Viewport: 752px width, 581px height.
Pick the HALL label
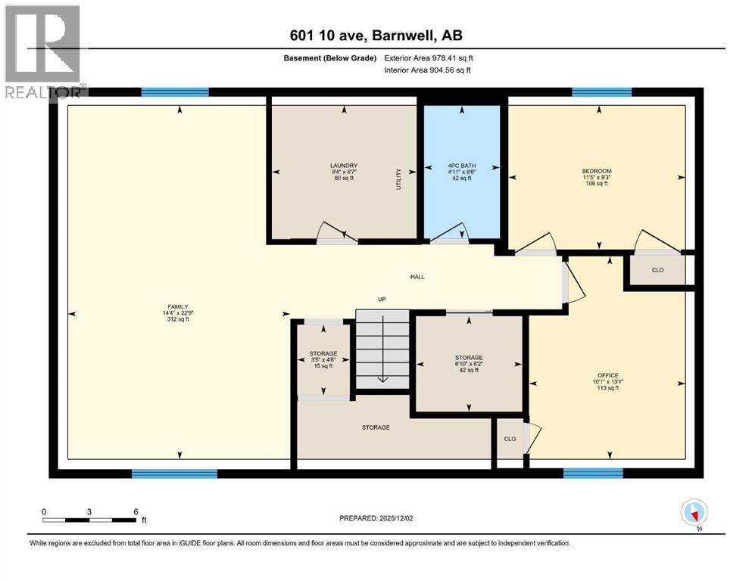417,277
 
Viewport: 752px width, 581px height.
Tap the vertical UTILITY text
398,179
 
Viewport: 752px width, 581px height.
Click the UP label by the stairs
382,300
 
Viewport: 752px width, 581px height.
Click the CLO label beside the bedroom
657,270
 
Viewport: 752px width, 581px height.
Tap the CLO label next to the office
510,439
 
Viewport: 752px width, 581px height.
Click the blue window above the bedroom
602,92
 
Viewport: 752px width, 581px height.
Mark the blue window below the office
593,474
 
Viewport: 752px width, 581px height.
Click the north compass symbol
694,513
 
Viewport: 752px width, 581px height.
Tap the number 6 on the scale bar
136,511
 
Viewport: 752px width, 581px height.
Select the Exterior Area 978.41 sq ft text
429,58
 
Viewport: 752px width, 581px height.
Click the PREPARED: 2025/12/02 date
376,518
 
